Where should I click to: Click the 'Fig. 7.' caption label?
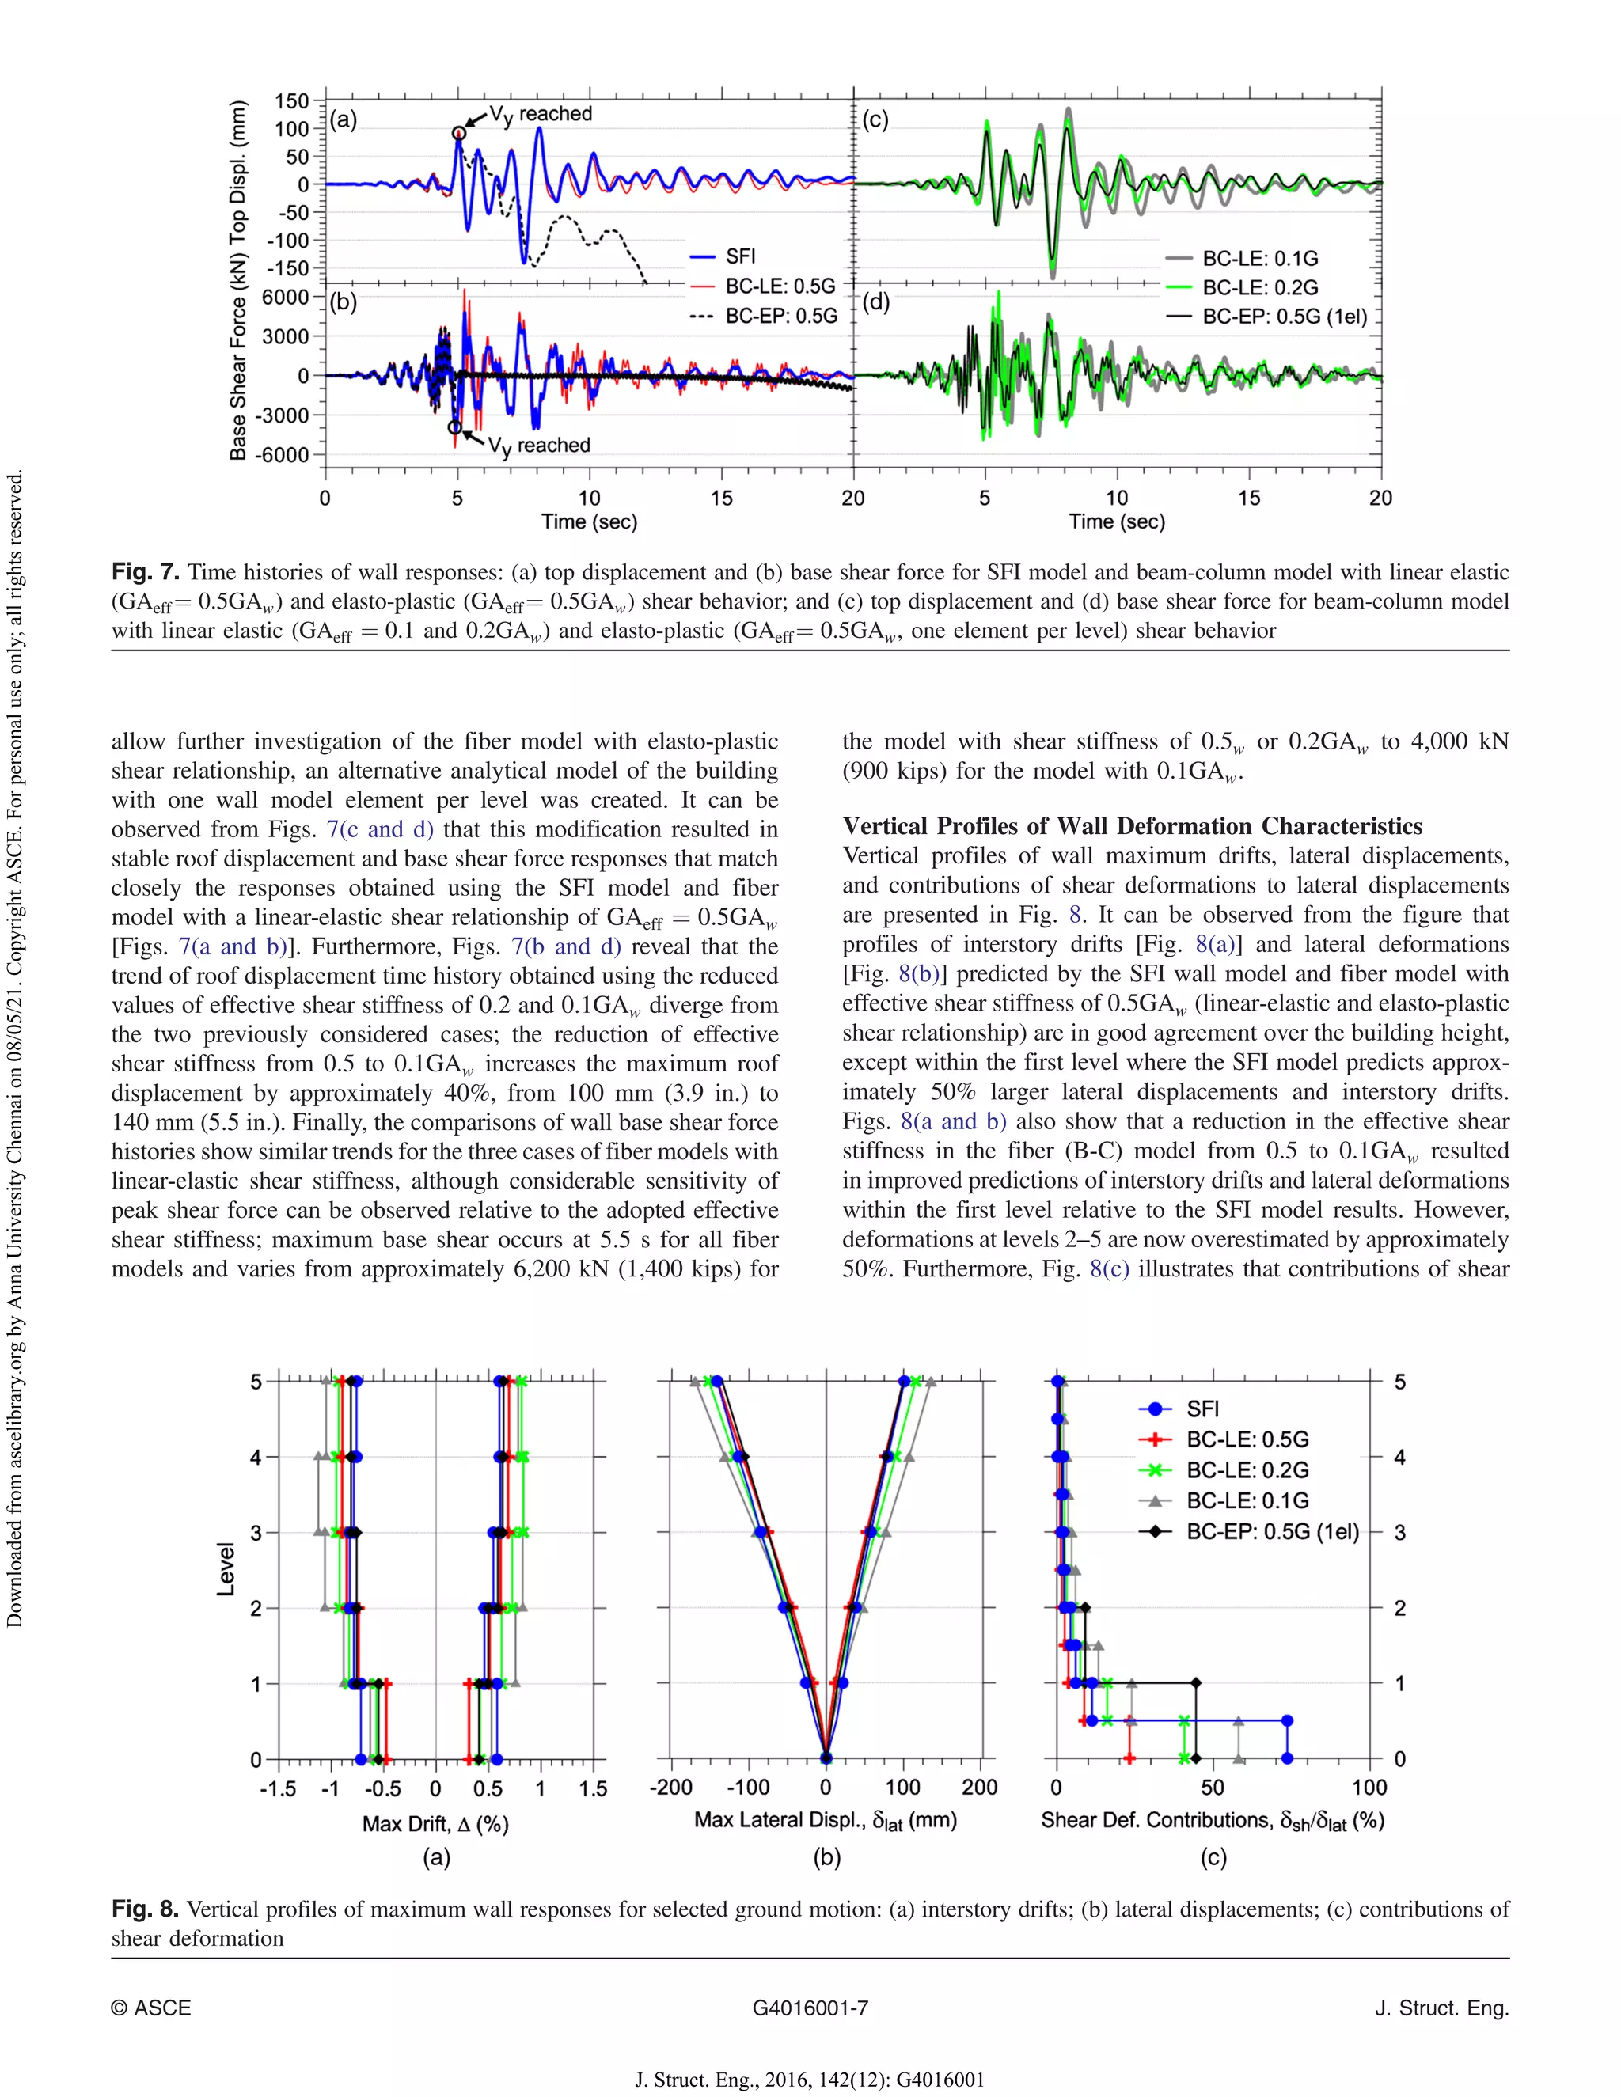(145, 572)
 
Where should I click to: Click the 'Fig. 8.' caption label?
(145, 1909)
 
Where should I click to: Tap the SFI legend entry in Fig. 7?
(739, 256)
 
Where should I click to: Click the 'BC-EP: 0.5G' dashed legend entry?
(780, 316)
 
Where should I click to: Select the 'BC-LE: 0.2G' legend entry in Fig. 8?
(1247, 1470)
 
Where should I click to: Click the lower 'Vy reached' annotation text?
(539, 446)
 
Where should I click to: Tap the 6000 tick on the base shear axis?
(285, 298)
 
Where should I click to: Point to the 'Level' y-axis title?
(226, 1569)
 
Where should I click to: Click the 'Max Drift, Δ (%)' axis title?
(435, 1823)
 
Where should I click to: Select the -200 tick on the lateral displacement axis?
(670, 1788)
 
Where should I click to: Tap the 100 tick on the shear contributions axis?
(1369, 1788)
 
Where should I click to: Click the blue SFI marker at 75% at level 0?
(1288, 1759)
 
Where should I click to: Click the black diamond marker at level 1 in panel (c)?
(1196, 1683)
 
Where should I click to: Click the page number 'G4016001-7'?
(810, 2008)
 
